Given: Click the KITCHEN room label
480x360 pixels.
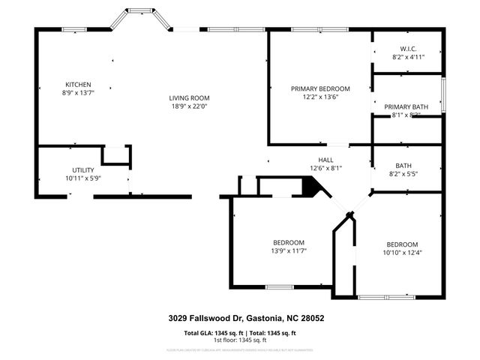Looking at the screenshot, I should point(78,85).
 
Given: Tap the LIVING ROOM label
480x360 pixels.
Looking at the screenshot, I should point(188,98).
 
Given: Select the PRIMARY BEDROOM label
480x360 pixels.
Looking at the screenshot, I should point(320,88).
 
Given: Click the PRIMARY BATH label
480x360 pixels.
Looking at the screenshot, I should point(406,107).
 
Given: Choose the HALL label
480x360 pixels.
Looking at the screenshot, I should point(325,160).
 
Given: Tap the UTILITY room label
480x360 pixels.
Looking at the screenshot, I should point(82,170).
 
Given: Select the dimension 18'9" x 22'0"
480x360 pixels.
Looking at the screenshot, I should point(188,106).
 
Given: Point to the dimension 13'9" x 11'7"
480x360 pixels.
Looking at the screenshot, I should point(288,250).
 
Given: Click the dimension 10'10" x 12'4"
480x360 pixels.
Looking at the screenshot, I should point(402,253).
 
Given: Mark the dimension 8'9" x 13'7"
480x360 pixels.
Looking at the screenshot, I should point(78,93).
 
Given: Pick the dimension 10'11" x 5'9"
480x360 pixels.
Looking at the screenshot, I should point(82,178).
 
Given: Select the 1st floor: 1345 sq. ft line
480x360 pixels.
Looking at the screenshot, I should point(240,340).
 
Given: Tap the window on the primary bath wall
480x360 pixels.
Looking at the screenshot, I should point(443,93).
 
